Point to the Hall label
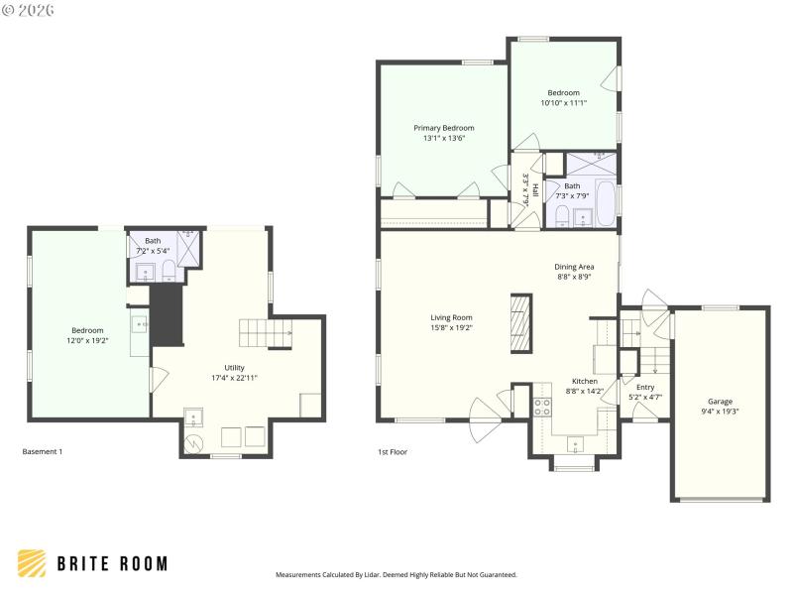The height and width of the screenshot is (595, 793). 535,189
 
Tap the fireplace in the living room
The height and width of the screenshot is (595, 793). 520,322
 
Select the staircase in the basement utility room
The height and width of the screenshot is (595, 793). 265,333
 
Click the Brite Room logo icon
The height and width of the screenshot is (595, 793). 32,563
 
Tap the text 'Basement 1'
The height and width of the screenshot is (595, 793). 43,451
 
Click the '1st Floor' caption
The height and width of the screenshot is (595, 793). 392,451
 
